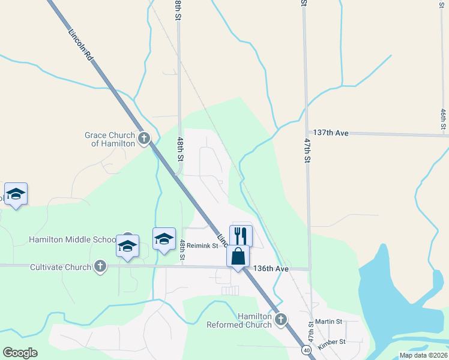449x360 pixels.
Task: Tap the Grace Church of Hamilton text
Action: tap(109, 139)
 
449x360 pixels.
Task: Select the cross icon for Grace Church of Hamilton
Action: tap(143, 139)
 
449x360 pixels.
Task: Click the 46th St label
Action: tap(443, 119)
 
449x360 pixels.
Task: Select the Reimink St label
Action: tap(201, 245)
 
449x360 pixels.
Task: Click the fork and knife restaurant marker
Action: tap(241, 235)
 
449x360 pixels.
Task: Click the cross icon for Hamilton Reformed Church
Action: tap(281, 320)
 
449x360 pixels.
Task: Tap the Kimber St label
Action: tap(333, 342)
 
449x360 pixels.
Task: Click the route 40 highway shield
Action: tap(307, 350)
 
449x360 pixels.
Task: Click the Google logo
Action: tap(20, 353)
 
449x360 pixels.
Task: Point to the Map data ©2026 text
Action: tap(423, 355)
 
